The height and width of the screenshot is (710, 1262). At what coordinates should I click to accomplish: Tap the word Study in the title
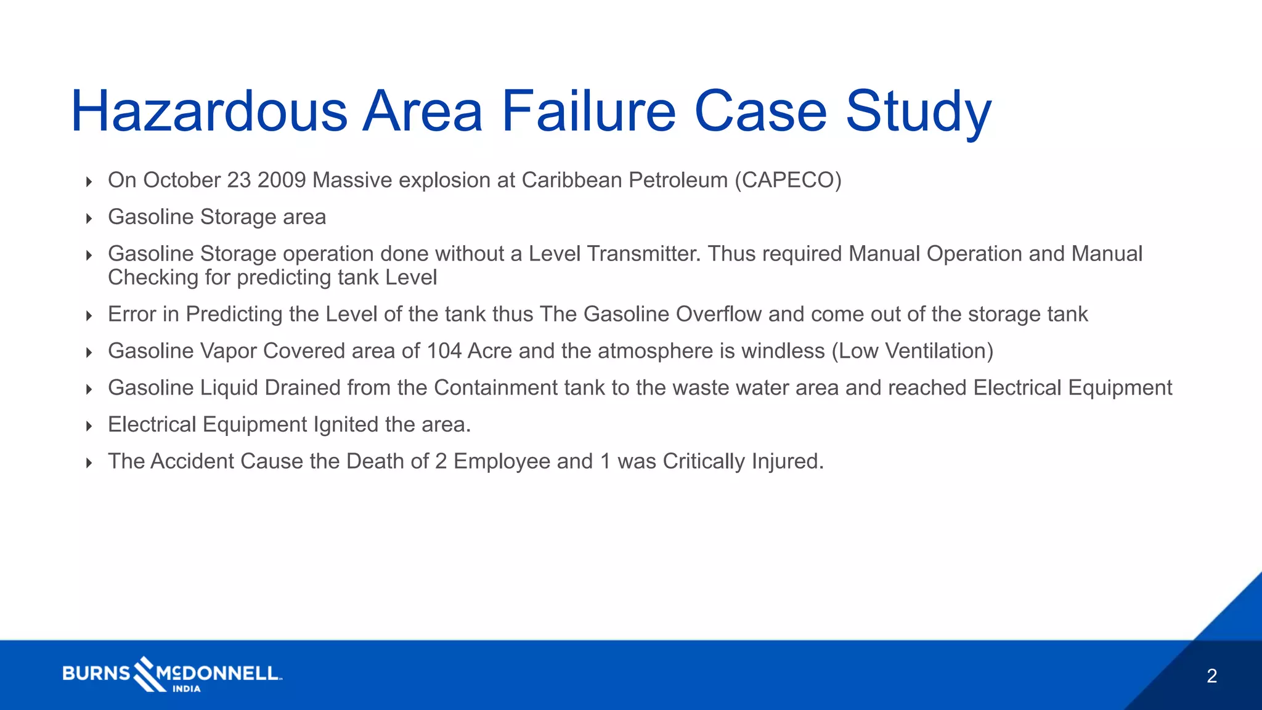(x=918, y=111)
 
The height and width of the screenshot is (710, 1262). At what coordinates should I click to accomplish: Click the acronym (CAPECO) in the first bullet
(x=788, y=180)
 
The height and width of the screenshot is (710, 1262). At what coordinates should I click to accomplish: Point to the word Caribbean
(x=572, y=180)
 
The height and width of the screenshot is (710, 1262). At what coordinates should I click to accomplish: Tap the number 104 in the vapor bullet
(x=444, y=351)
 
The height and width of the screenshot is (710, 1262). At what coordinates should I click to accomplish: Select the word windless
(x=783, y=351)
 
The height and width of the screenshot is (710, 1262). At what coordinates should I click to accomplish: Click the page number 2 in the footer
(x=1211, y=676)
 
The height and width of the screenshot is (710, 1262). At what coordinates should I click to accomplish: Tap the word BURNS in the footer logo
(x=96, y=673)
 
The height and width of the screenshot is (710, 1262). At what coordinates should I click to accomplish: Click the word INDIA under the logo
(x=186, y=689)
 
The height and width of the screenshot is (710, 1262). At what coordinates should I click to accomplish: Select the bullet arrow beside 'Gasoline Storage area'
(x=89, y=218)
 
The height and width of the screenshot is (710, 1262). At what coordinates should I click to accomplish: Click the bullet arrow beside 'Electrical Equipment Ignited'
(x=89, y=426)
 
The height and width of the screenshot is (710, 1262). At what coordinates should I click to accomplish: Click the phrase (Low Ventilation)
(x=912, y=351)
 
